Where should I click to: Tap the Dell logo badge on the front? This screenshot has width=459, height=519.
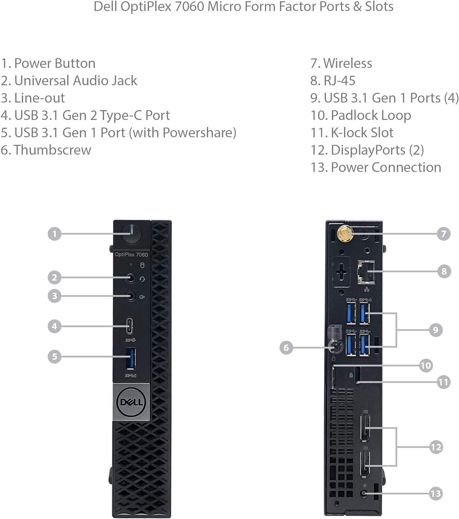tap(131, 402)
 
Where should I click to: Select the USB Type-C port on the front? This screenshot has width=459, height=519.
tap(130, 326)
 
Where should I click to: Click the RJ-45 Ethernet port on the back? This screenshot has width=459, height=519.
tap(366, 272)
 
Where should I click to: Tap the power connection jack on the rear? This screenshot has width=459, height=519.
tap(363, 494)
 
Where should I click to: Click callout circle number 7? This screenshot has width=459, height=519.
tap(443, 234)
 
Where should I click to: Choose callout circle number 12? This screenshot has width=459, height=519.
tap(436, 447)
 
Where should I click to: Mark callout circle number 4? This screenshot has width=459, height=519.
tap(54, 326)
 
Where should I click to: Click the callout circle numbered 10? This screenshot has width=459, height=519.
tap(426, 365)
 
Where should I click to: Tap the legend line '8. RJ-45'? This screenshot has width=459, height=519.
tap(332, 81)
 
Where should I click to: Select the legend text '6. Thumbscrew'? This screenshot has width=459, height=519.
tap(46, 150)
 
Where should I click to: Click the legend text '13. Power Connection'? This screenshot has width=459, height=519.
tap(376, 167)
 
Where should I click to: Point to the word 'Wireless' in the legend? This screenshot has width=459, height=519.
tap(347, 63)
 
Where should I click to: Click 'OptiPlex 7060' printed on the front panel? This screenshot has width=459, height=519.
tap(131, 255)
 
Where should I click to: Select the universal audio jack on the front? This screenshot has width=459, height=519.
tap(130, 278)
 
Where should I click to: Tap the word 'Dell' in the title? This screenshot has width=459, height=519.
tap(105, 7)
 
